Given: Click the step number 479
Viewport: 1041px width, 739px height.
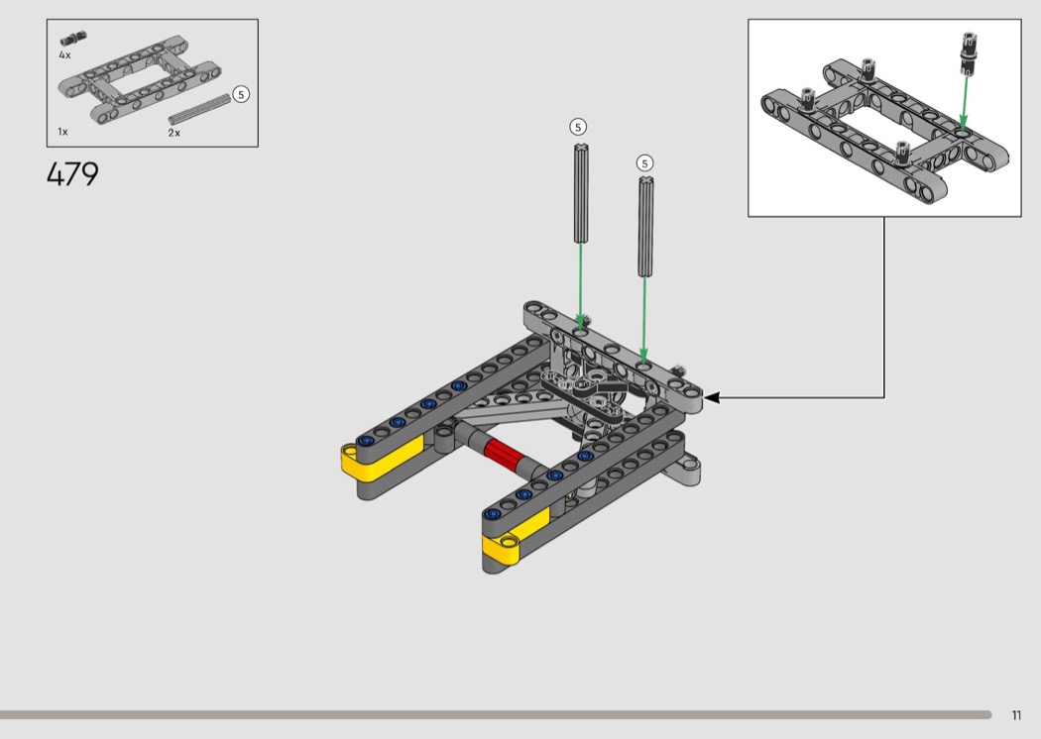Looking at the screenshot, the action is (x=73, y=174).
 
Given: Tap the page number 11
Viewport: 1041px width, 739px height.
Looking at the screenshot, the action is (x=1016, y=715).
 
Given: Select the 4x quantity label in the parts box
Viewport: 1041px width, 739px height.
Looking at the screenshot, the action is (x=64, y=55).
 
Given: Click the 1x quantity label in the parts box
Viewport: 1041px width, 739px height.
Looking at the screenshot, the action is (x=63, y=132).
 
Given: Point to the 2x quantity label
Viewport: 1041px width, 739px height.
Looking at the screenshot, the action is (x=173, y=133).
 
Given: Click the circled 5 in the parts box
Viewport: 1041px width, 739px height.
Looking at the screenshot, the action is (x=241, y=94).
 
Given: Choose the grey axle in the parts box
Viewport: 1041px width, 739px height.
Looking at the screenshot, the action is (x=199, y=109).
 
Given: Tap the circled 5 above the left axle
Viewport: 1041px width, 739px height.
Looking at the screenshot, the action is (x=578, y=127).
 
